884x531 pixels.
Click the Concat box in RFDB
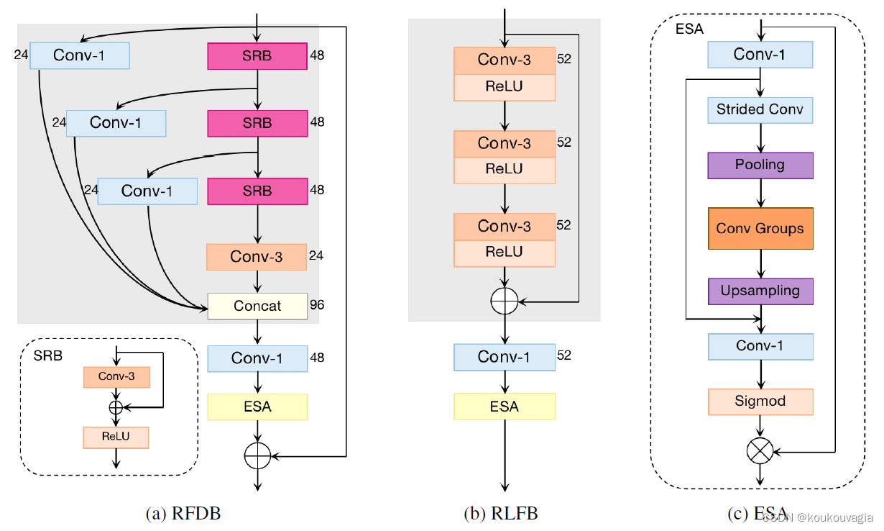click(257, 306)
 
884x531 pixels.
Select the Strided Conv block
click(760, 110)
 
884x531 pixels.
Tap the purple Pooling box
click(760, 165)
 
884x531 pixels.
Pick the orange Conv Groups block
click(760, 229)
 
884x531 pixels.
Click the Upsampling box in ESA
click(760, 291)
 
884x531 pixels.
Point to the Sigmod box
click(760, 401)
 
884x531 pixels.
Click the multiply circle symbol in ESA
click(760, 452)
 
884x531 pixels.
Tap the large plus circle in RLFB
click(505, 300)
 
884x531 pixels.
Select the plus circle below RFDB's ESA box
click(257, 456)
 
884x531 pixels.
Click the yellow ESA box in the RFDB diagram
click(257, 407)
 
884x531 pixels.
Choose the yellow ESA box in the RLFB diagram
click(504, 407)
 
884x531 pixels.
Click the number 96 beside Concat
click(316, 305)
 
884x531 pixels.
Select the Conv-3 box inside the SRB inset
click(116, 376)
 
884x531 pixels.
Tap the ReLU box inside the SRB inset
click(116, 437)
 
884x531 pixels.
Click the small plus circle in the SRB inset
click(116, 407)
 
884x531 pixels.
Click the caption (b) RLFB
click(500, 513)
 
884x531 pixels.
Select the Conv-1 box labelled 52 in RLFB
click(504, 357)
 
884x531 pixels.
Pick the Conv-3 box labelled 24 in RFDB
click(257, 257)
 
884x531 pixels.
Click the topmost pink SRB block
click(257, 55)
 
